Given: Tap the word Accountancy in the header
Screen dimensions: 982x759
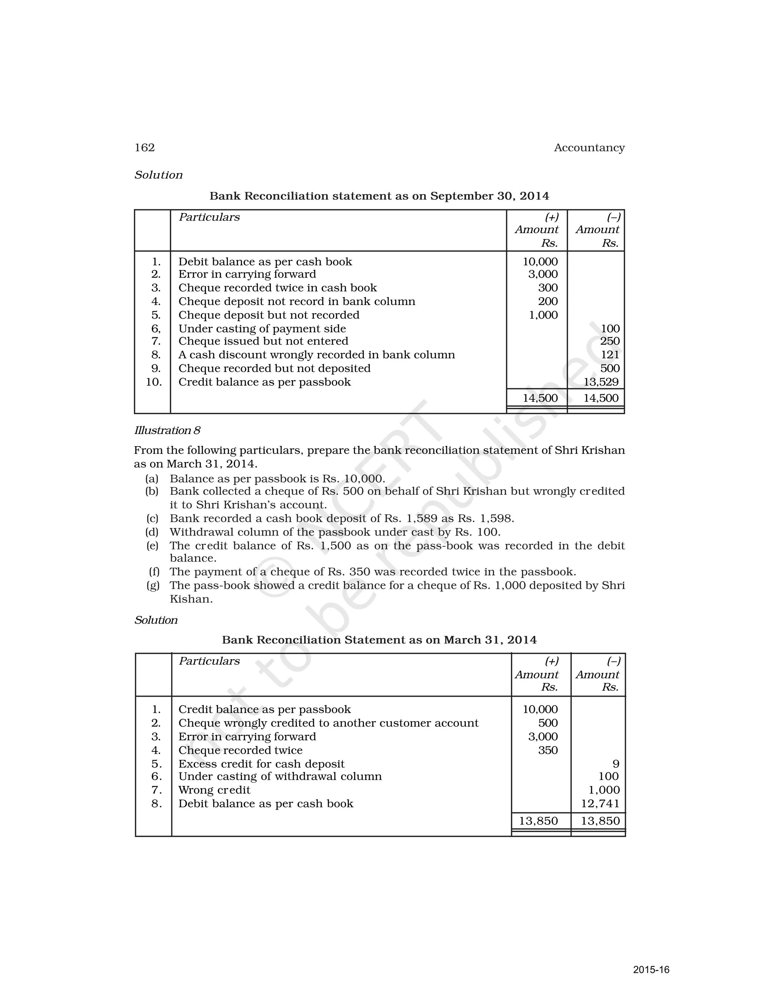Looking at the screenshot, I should [589, 147].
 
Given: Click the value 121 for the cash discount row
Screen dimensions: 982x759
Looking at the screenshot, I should [610, 355].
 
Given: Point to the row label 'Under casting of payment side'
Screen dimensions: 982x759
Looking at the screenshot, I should [262, 329].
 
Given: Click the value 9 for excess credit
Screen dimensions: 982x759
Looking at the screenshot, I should [616, 764].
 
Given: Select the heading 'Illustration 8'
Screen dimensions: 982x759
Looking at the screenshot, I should [167, 430].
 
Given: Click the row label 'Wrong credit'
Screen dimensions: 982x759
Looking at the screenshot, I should [214, 790].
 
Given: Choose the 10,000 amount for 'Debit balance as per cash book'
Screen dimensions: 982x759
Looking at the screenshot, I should [540, 262].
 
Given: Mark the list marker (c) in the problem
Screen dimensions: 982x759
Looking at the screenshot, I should [152, 518].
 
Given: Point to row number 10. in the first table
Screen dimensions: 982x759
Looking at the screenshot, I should [154, 382].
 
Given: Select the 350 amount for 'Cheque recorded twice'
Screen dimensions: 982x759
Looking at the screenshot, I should [548, 750].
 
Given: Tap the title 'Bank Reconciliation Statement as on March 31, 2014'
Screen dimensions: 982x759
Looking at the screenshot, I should [379, 640].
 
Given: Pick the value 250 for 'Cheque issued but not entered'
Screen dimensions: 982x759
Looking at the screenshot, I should [610, 341].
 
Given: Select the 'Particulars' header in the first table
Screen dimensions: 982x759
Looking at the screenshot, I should [209, 217].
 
